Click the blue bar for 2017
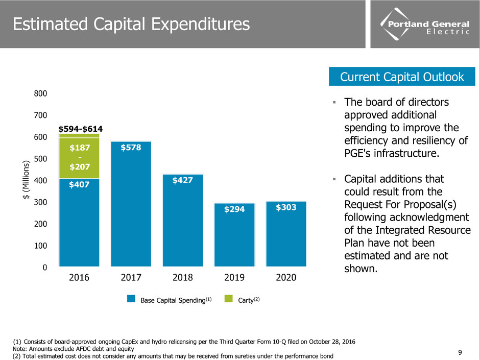pyautogui.click(x=131, y=204)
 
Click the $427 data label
pyautogui.click(x=182, y=180)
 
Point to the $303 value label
pyautogui.click(x=286, y=207)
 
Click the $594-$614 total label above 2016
pyautogui.click(x=80, y=129)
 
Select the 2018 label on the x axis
pyautogui.click(x=182, y=278)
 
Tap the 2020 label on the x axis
pyautogui.click(x=286, y=278)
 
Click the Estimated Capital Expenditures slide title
pyautogui.click(x=131, y=24)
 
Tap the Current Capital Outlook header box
pyautogui.click(x=402, y=77)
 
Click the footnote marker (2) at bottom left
pyautogui.click(x=16, y=355)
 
